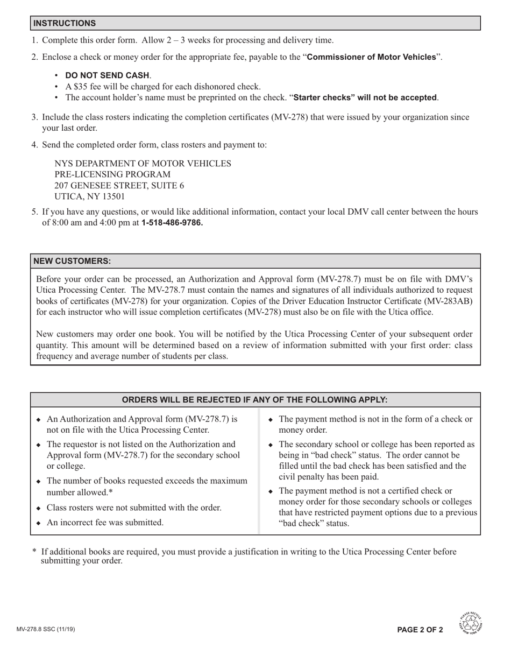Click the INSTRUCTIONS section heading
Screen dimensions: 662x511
coord(65,23)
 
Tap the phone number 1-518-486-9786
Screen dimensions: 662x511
coord(172,222)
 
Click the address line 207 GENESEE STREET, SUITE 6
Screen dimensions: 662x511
coord(119,186)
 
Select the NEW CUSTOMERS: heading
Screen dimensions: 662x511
coord(72,260)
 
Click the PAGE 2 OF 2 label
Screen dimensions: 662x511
coord(420,630)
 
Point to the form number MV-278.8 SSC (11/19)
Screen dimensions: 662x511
coord(46,629)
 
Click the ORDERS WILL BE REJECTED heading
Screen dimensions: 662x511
coord(254,400)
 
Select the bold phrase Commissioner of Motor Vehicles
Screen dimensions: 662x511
coord(371,57)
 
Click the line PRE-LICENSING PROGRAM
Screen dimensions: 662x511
coord(112,174)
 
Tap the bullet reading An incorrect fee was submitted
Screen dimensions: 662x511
coord(105,523)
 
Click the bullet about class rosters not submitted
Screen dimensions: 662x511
coord(134,508)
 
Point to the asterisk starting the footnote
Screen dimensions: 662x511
coord(34,552)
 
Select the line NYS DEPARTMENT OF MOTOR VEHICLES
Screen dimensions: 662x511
coord(143,164)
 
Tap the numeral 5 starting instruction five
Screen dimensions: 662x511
coord(34,212)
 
